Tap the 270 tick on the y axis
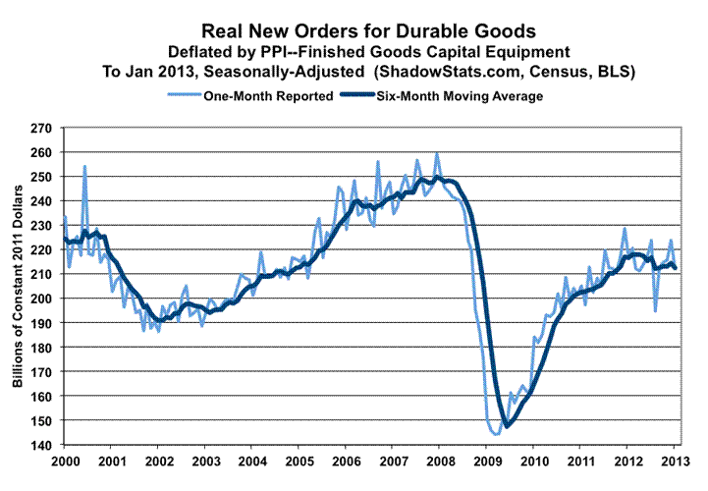[41, 129]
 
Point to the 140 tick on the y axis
[41, 445]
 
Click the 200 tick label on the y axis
[41, 299]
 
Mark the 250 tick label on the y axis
[41, 177]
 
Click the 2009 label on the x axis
[486, 461]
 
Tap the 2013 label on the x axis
[674, 461]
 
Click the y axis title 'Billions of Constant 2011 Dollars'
[17, 286]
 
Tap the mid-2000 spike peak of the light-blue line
[84, 166]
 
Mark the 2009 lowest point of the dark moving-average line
[507, 426]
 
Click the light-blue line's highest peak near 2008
[437, 153]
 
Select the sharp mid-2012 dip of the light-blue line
[656, 311]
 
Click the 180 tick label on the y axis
[41, 348]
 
